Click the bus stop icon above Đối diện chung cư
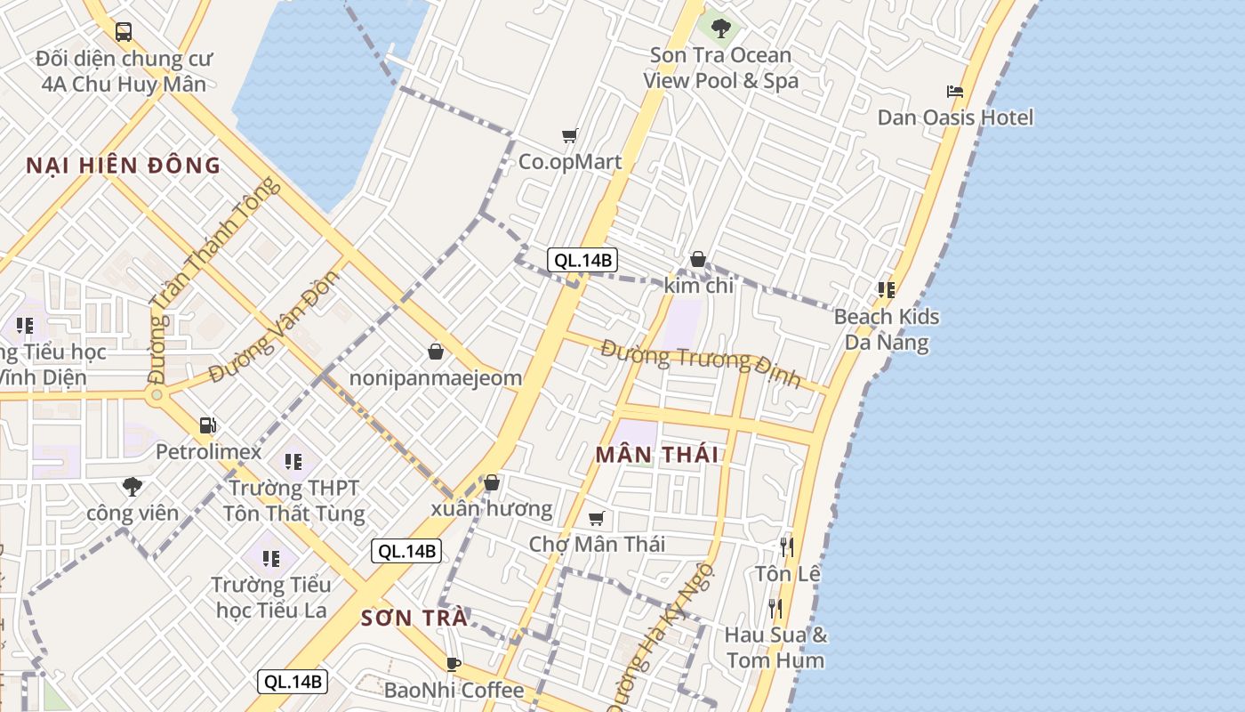pyautogui.click(x=124, y=32)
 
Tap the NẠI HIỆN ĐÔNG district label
pyautogui.click(x=123, y=166)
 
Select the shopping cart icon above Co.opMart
pyautogui.click(x=569, y=136)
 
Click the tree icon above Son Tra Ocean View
pyautogui.click(x=720, y=28)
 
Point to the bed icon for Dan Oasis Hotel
pyautogui.click(x=955, y=91)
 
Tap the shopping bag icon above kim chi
pyautogui.click(x=698, y=259)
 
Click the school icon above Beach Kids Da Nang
pyautogui.click(x=886, y=289)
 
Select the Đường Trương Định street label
pyautogui.click(x=700, y=363)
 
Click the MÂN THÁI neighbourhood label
pyautogui.click(x=657, y=455)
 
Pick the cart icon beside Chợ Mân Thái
pyautogui.click(x=597, y=518)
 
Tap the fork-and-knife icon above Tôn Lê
pyautogui.click(x=787, y=546)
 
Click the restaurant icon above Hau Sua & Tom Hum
pyautogui.click(x=775, y=609)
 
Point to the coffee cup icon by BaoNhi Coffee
pyautogui.click(x=454, y=664)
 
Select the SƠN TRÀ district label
pyautogui.click(x=414, y=619)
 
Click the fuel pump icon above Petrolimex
pyautogui.click(x=208, y=425)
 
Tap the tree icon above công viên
pyautogui.click(x=133, y=486)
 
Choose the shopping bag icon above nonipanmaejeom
pyautogui.click(x=436, y=352)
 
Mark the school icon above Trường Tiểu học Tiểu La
pyautogui.click(x=271, y=558)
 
